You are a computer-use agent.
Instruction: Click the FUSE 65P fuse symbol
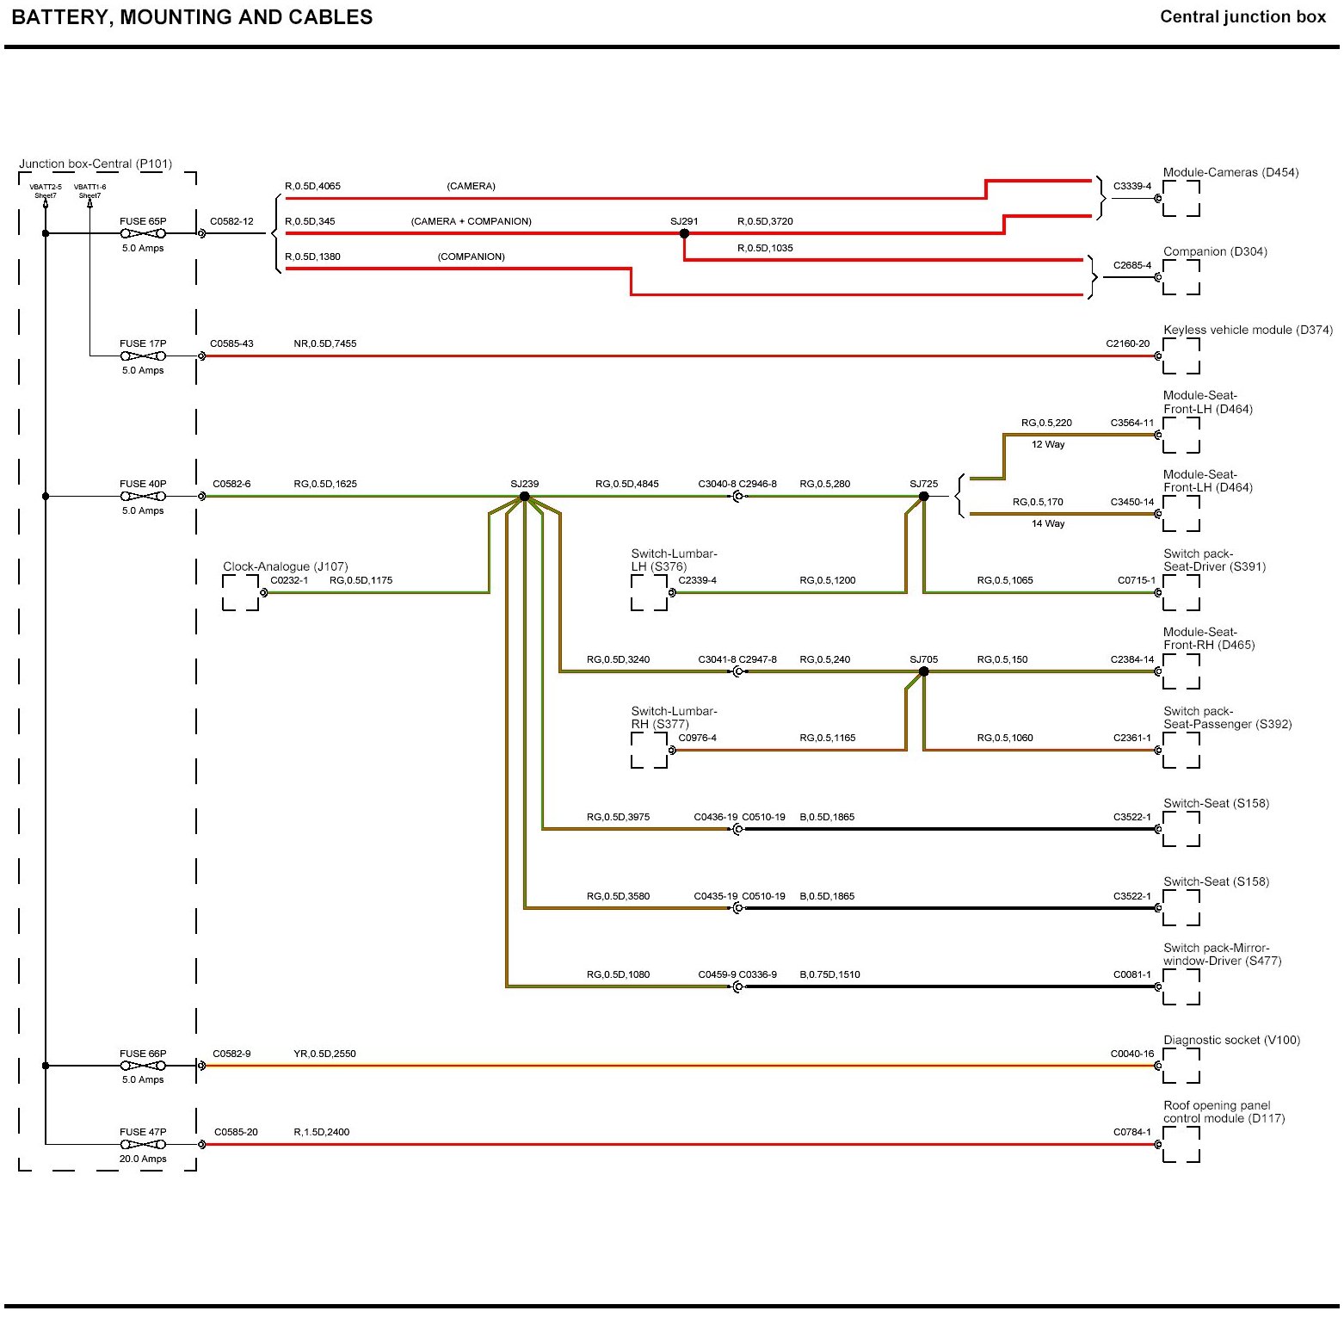(x=143, y=233)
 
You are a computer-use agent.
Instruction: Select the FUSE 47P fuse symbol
(x=143, y=1144)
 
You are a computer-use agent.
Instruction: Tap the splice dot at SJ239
(x=524, y=497)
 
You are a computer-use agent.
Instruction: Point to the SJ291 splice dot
(x=684, y=233)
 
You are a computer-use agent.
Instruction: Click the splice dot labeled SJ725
(x=923, y=497)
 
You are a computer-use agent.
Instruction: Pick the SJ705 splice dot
(x=923, y=671)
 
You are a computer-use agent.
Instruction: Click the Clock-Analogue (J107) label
(x=285, y=566)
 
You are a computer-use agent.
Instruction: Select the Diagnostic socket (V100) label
(x=1231, y=1040)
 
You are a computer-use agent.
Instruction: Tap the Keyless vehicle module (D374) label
(x=1248, y=330)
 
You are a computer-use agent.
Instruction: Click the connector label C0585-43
(x=231, y=343)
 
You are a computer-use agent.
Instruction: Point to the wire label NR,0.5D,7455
(x=324, y=343)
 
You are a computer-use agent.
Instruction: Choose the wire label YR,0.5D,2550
(x=324, y=1054)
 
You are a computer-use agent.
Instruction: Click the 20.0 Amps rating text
(x=143, y=1159)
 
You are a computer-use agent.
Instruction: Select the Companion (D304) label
(x=1215, y=251)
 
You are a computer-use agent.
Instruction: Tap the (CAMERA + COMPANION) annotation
(x=471, y=221)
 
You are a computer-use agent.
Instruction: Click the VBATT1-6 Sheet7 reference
(x=89, y=191)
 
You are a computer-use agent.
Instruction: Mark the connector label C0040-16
(x=1131, y=1054)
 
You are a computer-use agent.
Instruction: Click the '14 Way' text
(x=1048, y=523)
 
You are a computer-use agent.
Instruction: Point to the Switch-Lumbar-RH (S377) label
(x=674, y=717)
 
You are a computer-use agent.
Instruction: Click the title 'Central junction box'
(x=1242, y=17)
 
